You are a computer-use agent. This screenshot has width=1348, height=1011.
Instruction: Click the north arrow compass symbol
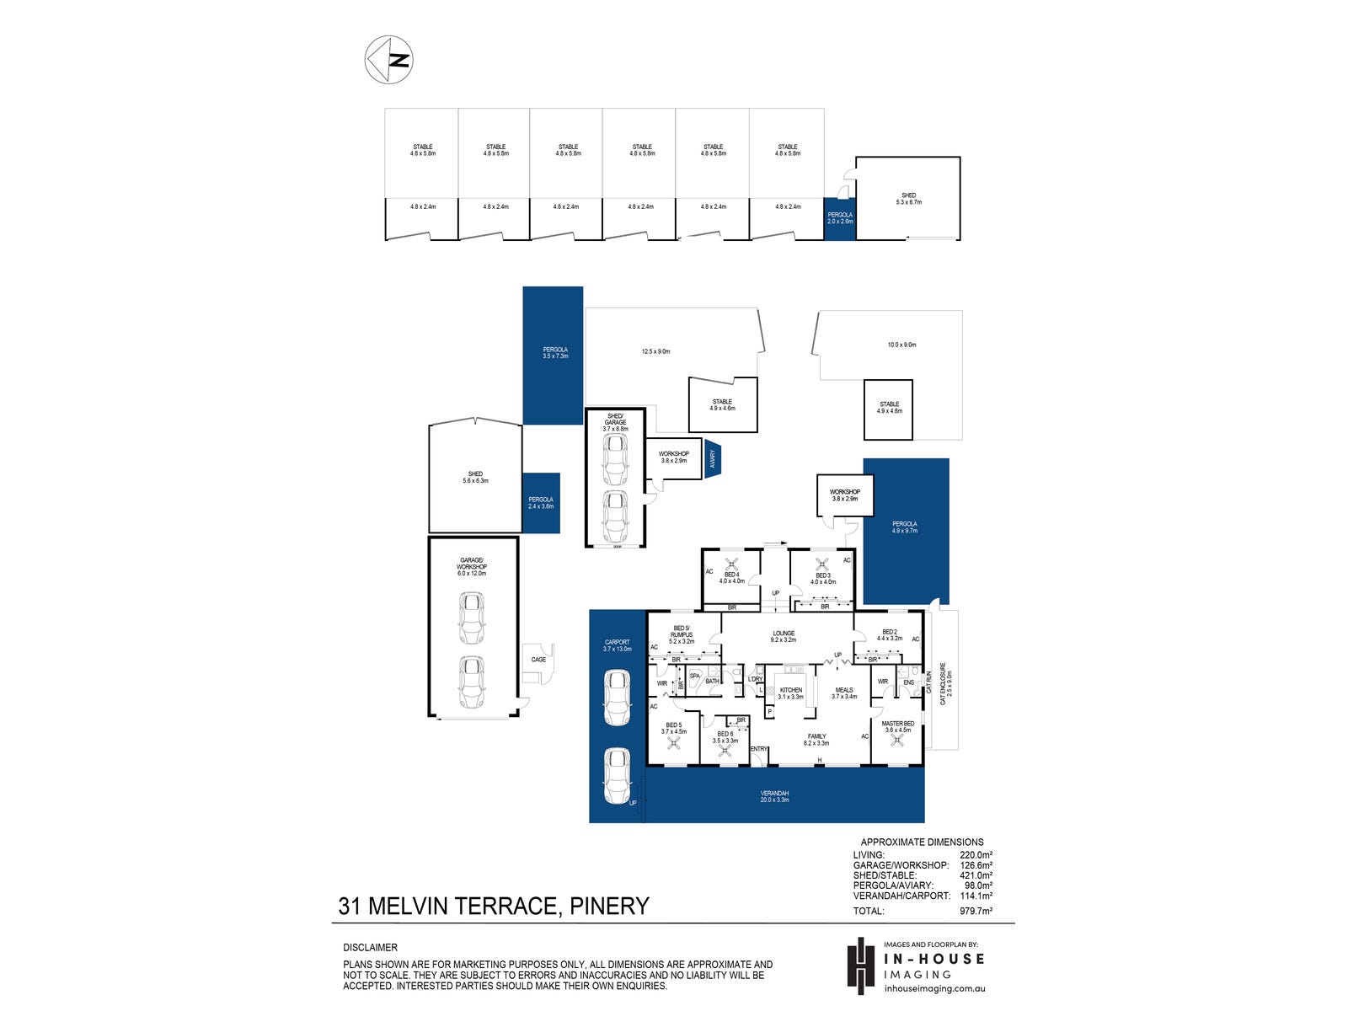[388, 59]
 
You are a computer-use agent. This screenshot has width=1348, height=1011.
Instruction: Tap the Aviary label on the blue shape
[713, 459]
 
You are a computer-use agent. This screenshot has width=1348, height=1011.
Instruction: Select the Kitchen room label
[790, 693]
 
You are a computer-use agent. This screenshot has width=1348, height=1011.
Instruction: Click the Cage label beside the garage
[538, 660]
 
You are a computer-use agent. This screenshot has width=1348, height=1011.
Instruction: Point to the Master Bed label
[897, 727]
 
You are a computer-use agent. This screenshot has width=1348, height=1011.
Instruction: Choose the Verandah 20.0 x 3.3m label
[775, 796]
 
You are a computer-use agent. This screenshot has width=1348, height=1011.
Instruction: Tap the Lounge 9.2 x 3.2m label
[784, 637]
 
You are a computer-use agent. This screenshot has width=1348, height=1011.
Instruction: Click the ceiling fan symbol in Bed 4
[732, 564]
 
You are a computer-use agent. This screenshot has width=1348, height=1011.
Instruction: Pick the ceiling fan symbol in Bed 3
[823, 564]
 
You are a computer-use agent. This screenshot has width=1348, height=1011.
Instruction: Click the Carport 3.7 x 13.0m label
[617, 645]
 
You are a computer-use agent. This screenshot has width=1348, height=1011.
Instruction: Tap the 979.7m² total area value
[976, 911]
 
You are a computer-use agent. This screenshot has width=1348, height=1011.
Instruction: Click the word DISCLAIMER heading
[370, 948]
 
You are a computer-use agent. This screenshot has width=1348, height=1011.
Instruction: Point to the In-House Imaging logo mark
[859, 965]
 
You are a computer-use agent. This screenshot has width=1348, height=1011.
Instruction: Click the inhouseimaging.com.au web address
[934, 989]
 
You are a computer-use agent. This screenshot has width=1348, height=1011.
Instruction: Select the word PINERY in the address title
[610, 907]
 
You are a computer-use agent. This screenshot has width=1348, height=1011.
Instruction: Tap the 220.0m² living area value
[976, 855]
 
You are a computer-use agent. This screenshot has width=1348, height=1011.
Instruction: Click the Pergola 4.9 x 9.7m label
[905, 527]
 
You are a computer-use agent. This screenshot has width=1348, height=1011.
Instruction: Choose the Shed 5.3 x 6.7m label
[908, 199]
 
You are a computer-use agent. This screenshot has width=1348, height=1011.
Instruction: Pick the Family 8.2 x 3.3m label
[816, 740]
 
